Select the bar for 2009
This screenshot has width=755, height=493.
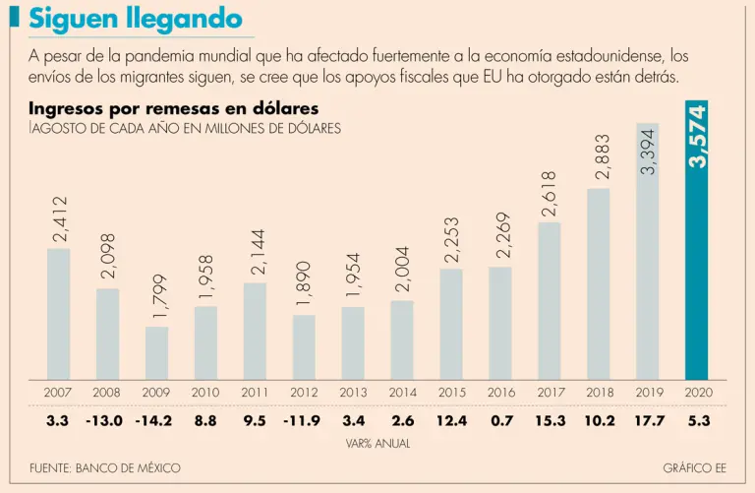(x=156, y=353)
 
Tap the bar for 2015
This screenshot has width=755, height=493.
(x=451, y=324)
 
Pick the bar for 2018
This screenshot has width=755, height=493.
(x=599, y=283)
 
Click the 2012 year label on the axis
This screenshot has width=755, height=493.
(x=304, y=393)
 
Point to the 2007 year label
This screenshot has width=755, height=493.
(x=58, y=393)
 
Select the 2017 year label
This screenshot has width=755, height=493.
(x=550, y=393)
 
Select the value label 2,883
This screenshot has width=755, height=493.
(x=600, y=157)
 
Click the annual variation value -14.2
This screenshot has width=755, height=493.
(x=156, y=421)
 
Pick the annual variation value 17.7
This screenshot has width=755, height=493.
(x=648, y=421)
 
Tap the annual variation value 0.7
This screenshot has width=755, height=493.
(x=500, y=421)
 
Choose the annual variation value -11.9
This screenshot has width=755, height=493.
(x=304, y=421)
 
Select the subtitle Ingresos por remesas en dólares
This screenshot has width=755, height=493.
(x=173, y=109)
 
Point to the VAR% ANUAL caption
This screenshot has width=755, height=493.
(x=377, y=444)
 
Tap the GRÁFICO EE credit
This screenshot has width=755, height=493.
(x=694, y=468)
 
